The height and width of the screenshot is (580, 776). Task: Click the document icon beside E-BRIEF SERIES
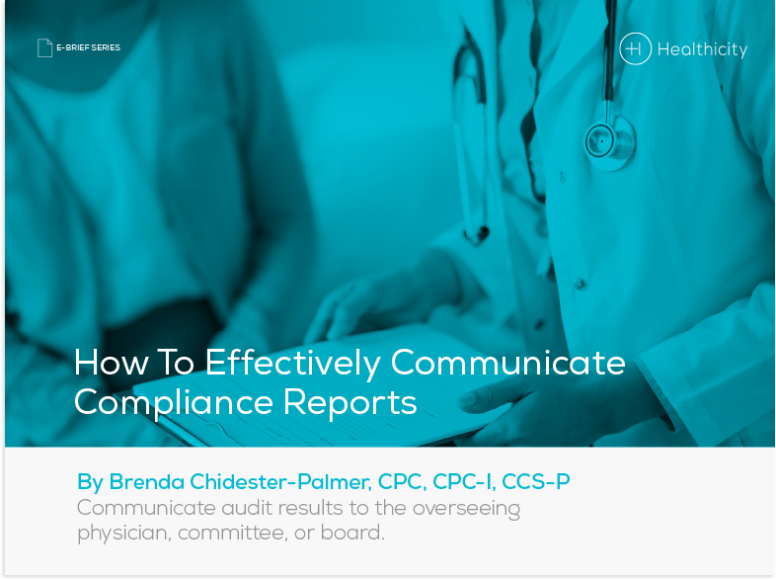point(44,47)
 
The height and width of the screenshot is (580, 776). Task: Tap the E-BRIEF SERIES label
point(88,47)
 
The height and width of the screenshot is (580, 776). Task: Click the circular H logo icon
point(635,48)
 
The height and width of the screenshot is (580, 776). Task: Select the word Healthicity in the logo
point(702,48)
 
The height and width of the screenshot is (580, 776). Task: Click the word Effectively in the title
point(292,363)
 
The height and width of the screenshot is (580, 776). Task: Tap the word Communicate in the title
point(507,363)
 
